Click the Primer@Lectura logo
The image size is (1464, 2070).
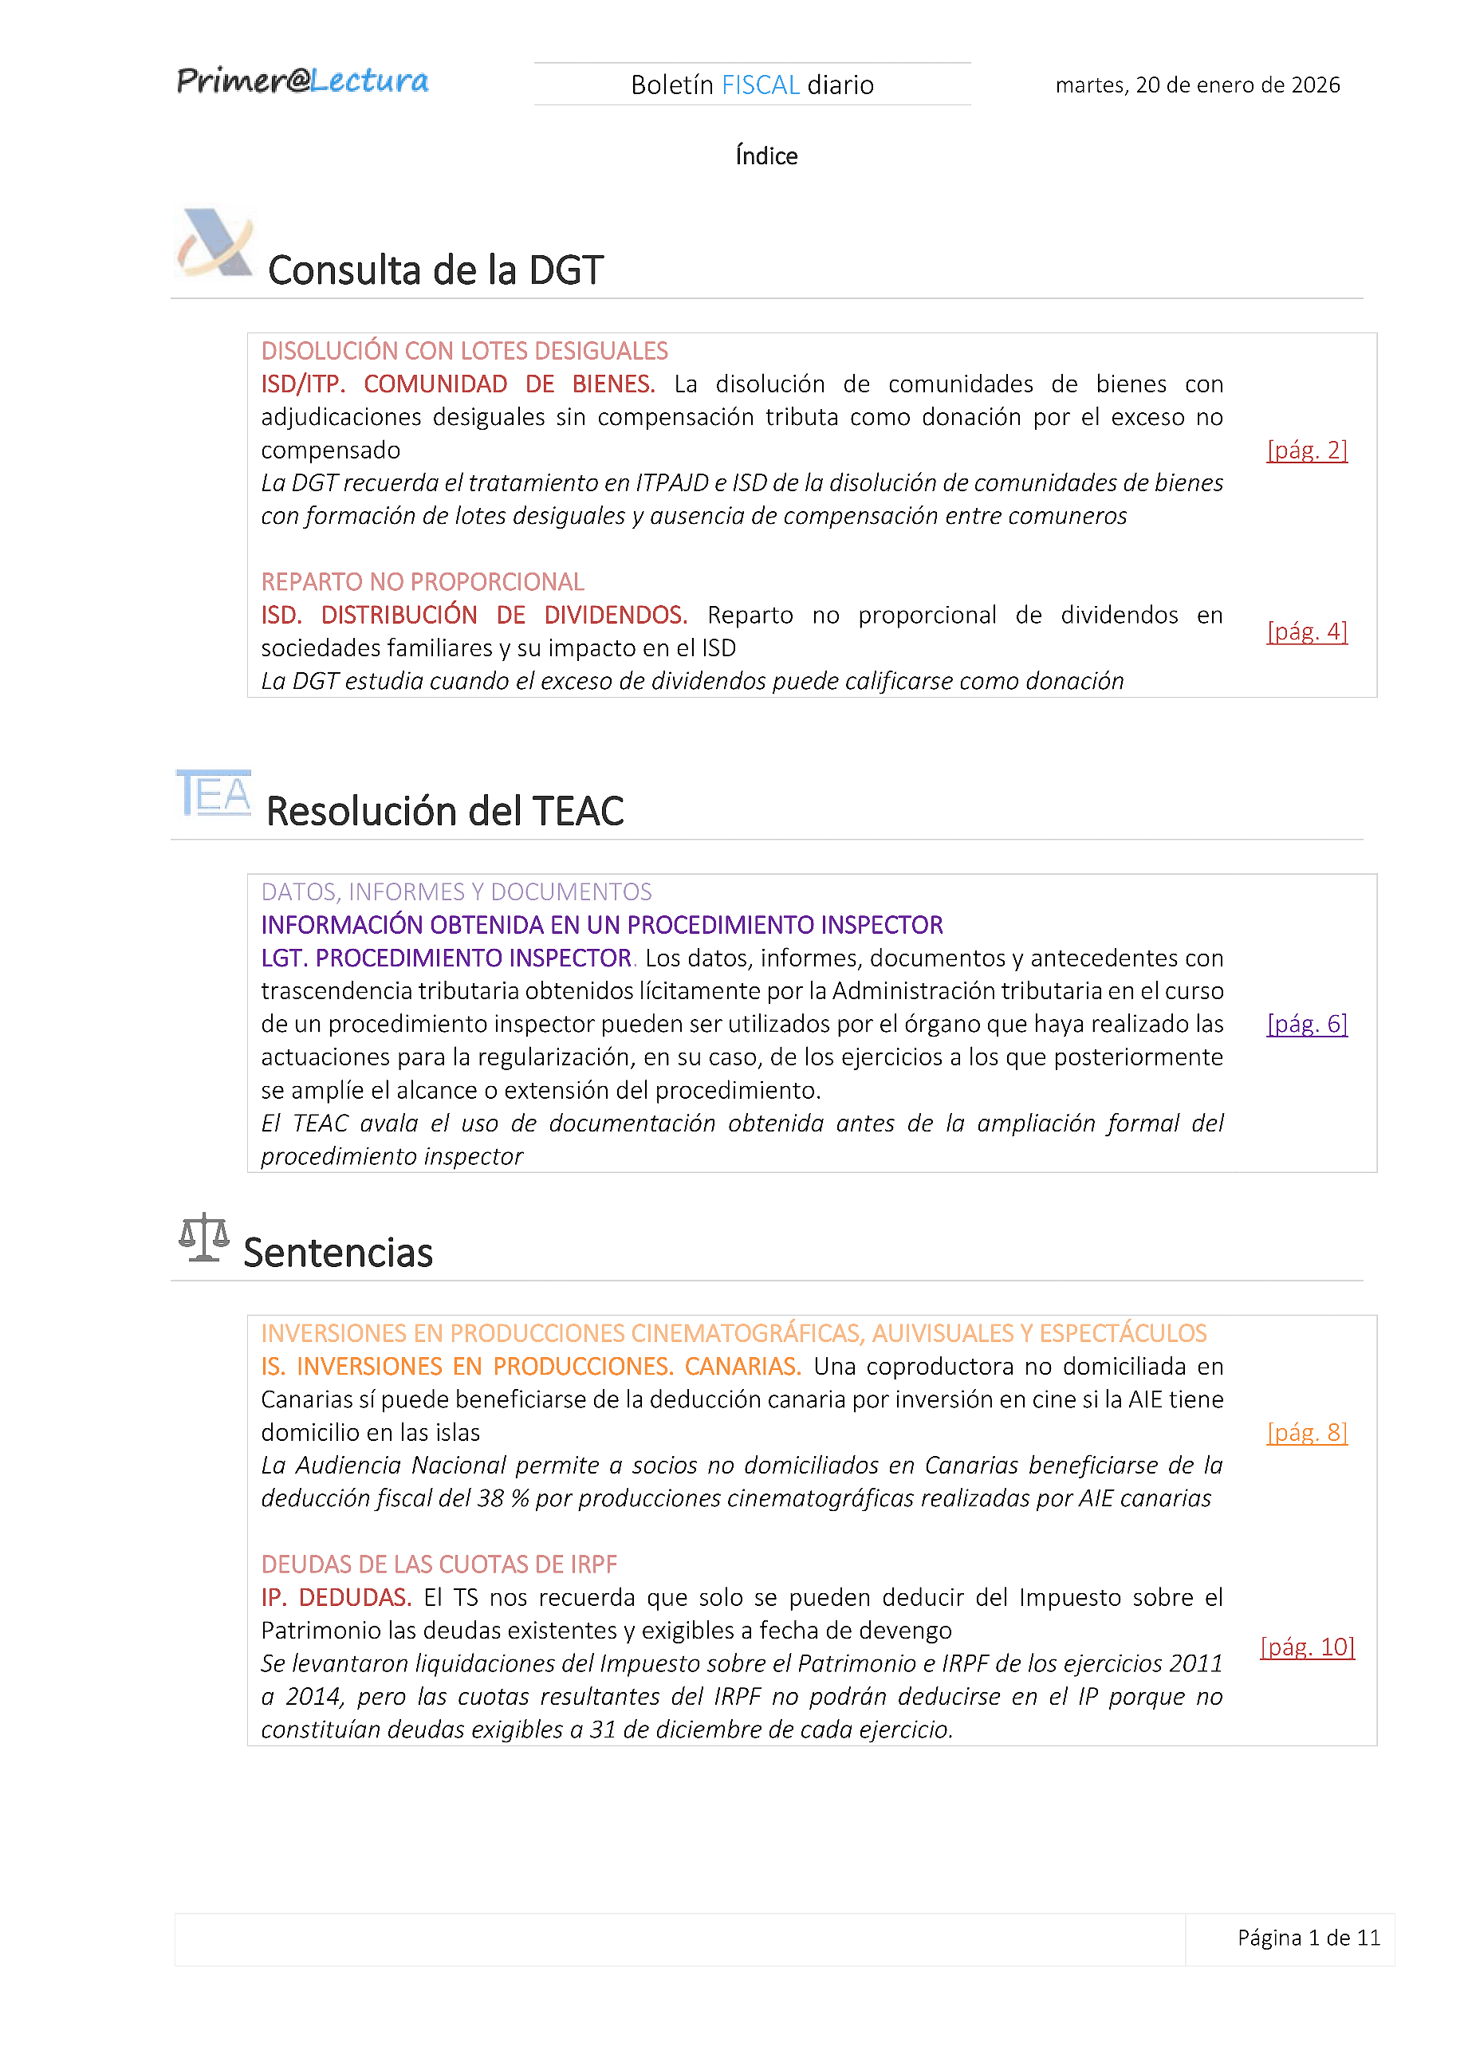302,81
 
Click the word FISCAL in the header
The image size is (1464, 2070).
760,85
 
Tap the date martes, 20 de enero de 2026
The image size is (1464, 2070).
1197,85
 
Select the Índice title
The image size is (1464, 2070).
765,157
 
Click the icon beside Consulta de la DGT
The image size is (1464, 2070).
214,243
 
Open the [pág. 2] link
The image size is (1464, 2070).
1306,450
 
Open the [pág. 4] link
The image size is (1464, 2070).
1306,631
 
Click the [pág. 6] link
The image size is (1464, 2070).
1306,1024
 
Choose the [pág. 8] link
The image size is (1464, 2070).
1306,1433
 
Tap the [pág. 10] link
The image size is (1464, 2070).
1306,1647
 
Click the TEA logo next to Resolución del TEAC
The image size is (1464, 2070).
214,793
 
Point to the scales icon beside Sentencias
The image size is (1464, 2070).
204,1237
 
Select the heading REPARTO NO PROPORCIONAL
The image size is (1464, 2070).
422,582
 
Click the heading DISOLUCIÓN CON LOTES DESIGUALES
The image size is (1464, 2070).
464,352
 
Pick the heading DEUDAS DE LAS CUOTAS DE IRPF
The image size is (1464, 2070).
439,1564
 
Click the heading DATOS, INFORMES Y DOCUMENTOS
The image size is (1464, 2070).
456,892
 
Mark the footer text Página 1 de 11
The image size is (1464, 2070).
1308,1938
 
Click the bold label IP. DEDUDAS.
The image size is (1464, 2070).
336,1598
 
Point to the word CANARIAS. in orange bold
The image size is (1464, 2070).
742,1367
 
